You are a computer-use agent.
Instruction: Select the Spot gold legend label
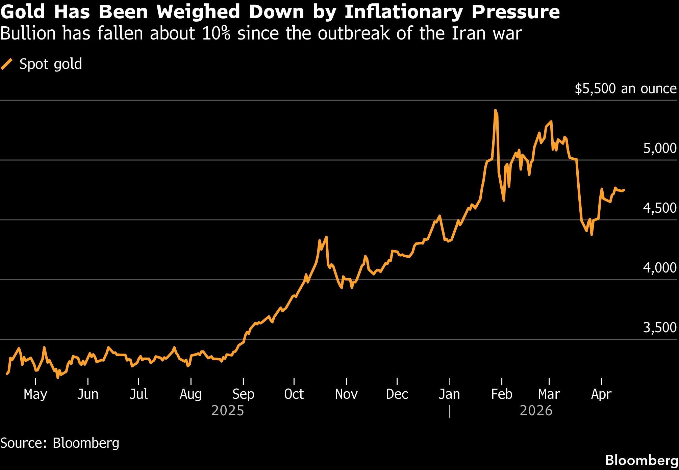click(x=51, y=64)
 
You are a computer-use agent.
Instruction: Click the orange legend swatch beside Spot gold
click(x=7, y=64)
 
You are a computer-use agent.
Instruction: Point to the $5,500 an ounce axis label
click(x=626, y=88)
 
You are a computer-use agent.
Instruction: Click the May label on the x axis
click(x=35, y=394)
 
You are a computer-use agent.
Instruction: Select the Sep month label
click(x=243, y=394)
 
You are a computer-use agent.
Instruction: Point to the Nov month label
click(x=346, y=394)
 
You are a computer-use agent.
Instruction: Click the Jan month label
click(x=449, y=394)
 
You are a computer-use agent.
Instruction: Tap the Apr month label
click(x=601, y=394)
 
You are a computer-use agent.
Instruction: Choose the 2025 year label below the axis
click(x=228, y=411)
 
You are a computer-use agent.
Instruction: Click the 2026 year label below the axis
click(x=536, y=411)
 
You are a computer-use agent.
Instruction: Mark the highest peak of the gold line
click(x=496, y=110)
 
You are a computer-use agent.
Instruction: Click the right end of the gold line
click(x=624, y=190)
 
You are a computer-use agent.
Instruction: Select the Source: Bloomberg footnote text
click(x=60, y=443)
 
